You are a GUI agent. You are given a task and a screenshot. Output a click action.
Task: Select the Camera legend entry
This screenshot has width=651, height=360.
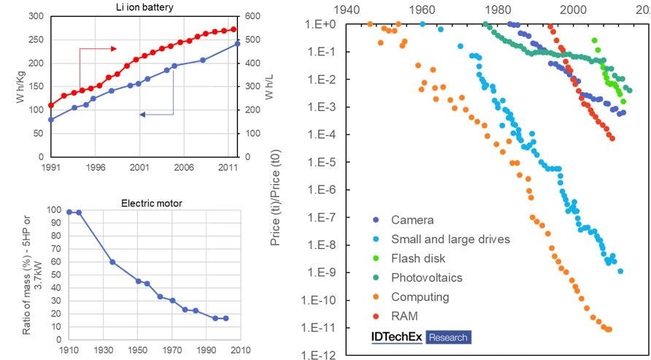412,220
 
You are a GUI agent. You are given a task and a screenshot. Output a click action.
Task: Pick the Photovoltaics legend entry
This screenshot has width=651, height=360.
426,277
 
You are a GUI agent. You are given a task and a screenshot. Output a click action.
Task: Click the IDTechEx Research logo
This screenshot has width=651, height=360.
420,337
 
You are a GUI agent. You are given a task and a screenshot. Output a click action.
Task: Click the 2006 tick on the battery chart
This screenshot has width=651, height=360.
184,166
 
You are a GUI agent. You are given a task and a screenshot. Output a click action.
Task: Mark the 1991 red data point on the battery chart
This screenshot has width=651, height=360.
51,105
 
